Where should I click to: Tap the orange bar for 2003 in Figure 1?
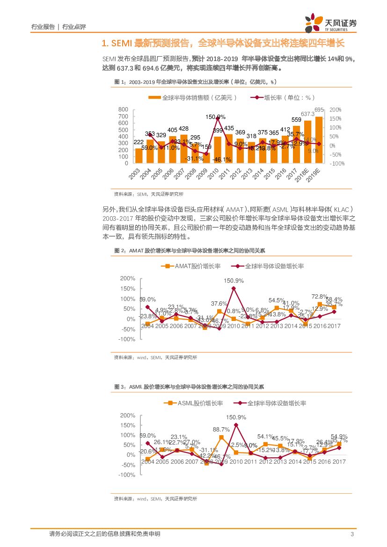click(x=139, y=156)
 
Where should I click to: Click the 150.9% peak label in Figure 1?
click(x=216, y=117)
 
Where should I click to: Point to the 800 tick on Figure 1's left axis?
click(x=124, y=109)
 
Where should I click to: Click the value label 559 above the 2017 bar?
click(x=296, y=120)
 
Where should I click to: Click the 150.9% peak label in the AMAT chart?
click(x=234, y=281)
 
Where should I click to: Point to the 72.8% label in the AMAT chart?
click(x=320, y=297)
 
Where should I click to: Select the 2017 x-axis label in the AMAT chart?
click(x=334, y=326)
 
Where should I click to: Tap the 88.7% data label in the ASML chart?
click(x=221, y=430)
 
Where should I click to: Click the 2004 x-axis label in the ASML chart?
click(x=147, y=462)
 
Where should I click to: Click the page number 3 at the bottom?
click(x=351, y=534)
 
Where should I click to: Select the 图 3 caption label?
click(x=120, y=387)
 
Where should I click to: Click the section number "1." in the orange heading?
click(x=105, y=44)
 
